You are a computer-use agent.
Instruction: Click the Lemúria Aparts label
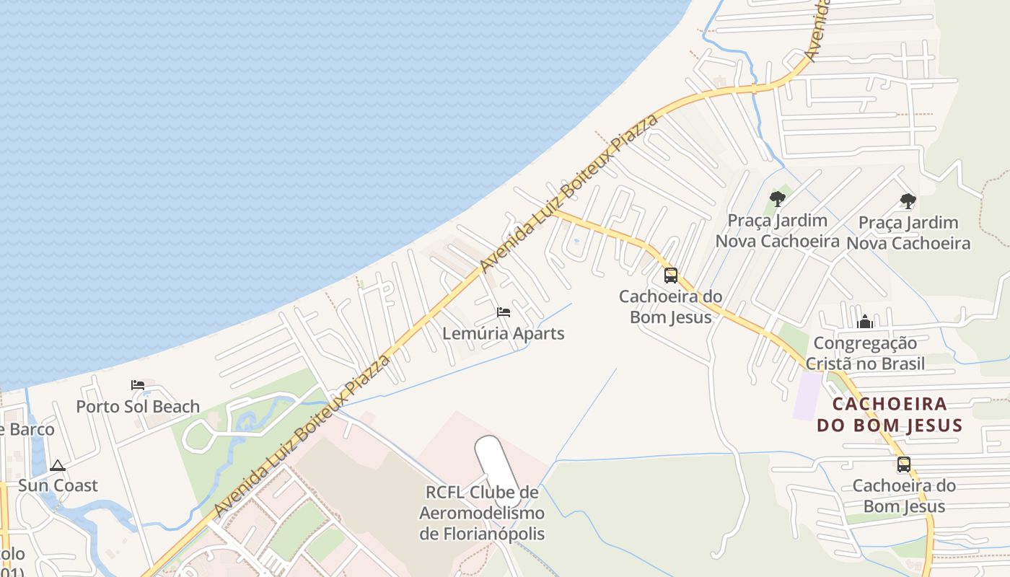tap(503, 334)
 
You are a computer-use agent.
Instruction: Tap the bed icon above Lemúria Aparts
tap(504, 312)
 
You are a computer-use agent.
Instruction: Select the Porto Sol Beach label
tap(138, 407)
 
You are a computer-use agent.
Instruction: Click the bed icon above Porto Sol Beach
tap(138, 384)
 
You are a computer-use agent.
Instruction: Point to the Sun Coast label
tap(58, 485)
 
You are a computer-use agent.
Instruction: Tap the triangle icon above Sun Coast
tap(58, 465)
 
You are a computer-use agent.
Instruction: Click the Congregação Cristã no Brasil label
tap(865, 353)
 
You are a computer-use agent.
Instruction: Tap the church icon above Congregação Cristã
tap(865, 322)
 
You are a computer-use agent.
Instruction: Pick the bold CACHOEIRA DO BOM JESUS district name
tap(890, 414)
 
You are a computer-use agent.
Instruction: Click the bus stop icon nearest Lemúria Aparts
tap(671, 276)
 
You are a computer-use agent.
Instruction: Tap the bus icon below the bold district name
tap(904, 465)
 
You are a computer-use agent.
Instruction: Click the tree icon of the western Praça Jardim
tap(777, 199)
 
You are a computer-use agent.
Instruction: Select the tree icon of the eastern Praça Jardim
tap(908, 201)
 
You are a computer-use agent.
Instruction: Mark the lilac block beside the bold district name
tap(807, 395)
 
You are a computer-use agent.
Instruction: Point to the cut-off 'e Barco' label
tap(27, 430)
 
